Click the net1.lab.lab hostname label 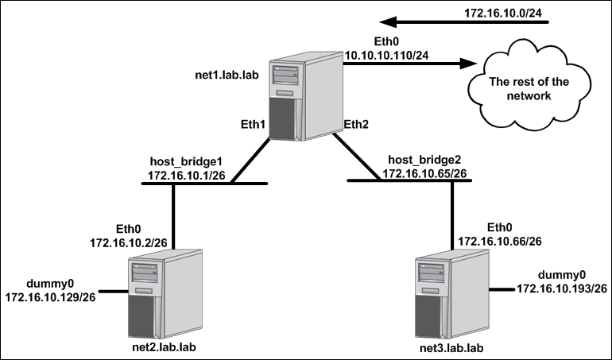[x=227, y=75]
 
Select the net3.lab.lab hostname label [x=451, y=347]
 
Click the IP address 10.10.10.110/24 [x=386, y=56]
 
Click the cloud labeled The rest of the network [x=529, y=85]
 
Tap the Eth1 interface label [x=253, y=125]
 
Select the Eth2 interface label [x=356, y=125]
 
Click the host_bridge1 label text [x=186, y=161]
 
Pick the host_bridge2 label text [x=424, y=159]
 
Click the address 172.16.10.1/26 [x=186, y=176]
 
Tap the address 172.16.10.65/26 [x=424, y=173]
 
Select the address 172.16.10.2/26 [x=129, y=243]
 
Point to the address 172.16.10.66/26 [x=500, y=242]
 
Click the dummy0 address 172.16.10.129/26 [x=50, y=297]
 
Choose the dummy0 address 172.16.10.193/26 [x=562, y=288]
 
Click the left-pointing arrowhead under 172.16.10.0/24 [x=389, y=22]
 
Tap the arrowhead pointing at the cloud [x=468, y=64]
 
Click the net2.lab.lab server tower [x=165, y=294]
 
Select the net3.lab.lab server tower [x=452, y=294]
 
